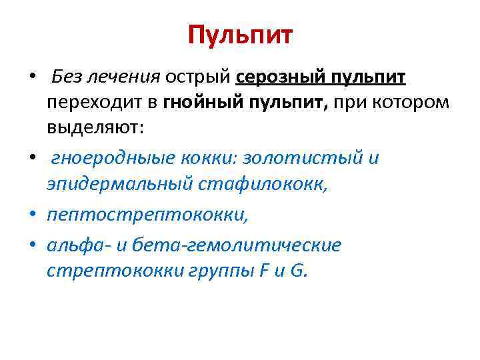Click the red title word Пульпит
(x=240, y=35)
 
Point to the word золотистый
(x=304, y=159)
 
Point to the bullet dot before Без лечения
(x=32, y=78)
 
